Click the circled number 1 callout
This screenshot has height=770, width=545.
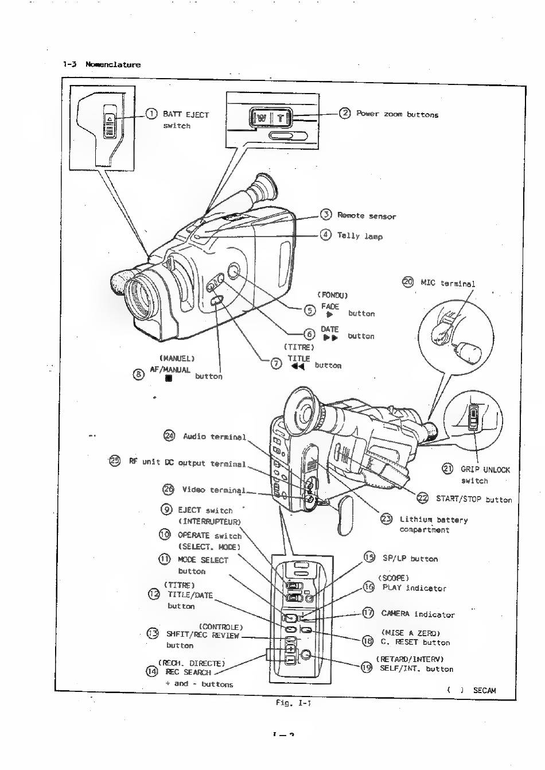151,114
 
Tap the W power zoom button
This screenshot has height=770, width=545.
261,118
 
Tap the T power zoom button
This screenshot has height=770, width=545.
281,118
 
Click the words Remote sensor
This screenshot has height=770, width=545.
366,216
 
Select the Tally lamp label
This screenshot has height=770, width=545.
360,236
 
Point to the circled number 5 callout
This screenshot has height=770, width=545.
310,310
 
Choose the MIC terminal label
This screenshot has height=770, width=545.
447,283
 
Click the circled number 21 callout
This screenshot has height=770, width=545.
448,469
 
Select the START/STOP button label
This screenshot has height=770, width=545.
473,500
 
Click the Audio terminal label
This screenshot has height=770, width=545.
214,436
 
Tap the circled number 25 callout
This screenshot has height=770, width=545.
115,461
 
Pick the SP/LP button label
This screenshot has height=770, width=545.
410,558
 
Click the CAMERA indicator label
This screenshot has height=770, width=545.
418,614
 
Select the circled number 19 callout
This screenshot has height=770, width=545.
367,667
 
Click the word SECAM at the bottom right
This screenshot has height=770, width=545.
484,690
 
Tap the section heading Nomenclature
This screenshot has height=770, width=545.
113,64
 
